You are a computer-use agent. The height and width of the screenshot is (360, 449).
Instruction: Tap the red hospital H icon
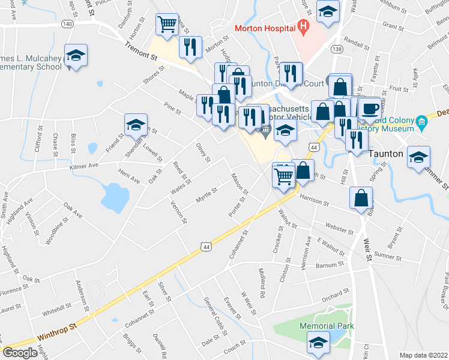[x=303, y=26]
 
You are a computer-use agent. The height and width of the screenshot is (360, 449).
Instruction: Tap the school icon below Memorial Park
[x=319, y=343]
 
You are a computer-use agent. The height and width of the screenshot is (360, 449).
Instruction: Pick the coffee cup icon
[x=370, y=108]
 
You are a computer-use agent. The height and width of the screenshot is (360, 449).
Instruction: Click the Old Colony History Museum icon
[x=422, y=123]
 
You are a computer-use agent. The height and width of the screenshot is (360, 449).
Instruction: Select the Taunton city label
[x=385, y=154]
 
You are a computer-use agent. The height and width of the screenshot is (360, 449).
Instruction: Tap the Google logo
[x=20, y=353]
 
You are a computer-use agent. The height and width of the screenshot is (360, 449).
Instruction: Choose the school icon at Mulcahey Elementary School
[x=76, y=56]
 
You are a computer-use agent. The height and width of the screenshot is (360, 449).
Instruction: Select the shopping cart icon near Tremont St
[x=167, y=25]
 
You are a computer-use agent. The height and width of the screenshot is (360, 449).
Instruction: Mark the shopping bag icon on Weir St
[x=363, y=197]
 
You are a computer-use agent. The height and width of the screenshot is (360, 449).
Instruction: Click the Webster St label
[x=339, y=229]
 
